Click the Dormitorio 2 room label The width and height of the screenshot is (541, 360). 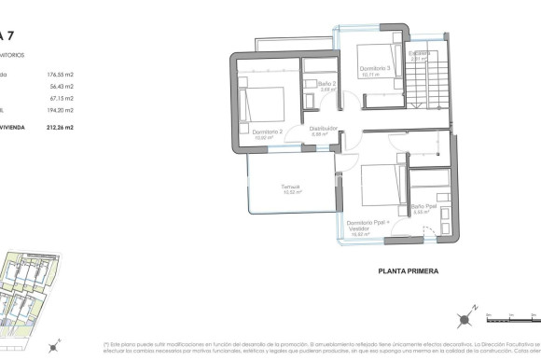(x=267, y=132)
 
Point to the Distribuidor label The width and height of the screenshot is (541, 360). (x=324, y=129)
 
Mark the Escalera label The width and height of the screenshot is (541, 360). (x=422, y=54)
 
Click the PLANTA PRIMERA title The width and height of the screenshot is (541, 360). (x=409, y=272)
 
